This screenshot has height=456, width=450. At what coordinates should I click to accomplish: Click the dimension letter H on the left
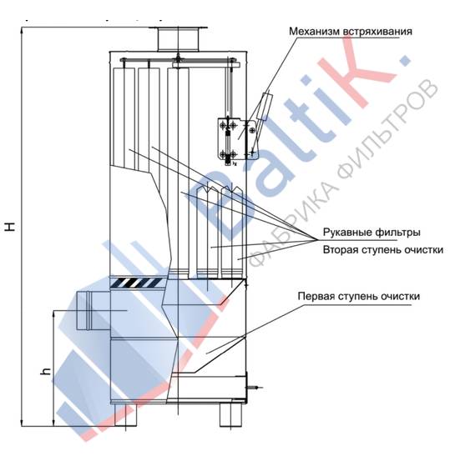[11, 226]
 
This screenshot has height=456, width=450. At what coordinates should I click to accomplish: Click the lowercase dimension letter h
[46, 371]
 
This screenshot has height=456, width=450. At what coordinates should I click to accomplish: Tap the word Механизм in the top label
[314, 32]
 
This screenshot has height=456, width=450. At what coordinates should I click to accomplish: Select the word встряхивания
[377, 32]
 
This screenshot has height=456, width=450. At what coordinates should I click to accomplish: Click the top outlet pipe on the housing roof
[179, 39]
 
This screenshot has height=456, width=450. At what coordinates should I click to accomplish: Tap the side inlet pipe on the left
[93, 311]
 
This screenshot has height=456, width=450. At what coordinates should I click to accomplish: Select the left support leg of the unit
[125, 415]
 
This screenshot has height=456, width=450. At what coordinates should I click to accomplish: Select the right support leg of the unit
[230, 415]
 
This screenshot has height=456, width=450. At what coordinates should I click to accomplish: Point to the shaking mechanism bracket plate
[238, 138]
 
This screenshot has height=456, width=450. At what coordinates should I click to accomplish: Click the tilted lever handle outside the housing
[264, 106]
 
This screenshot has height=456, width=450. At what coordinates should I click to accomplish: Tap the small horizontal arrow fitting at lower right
[255, 388]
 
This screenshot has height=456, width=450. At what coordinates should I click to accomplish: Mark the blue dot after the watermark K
[405, 59]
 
